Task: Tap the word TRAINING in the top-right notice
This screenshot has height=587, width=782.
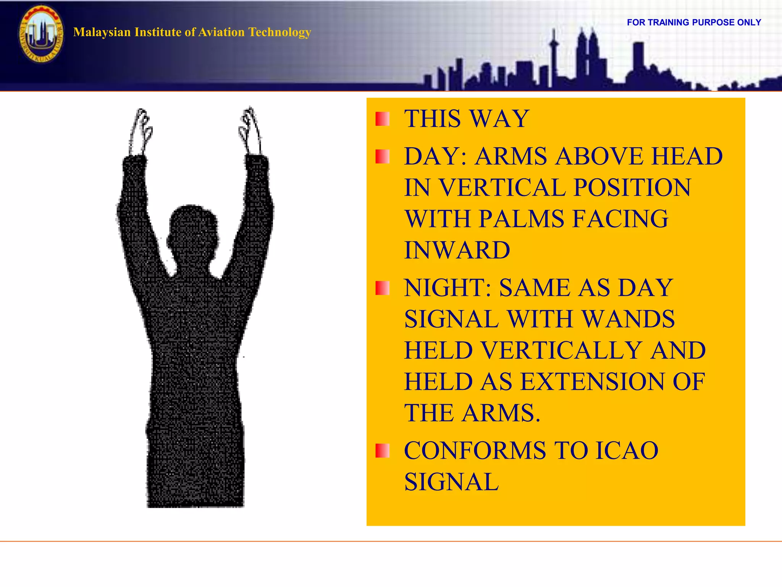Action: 668,23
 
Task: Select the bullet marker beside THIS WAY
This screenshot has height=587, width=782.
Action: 382,119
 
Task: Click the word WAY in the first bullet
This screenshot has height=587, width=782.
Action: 500,118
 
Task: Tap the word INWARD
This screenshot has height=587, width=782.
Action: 457,250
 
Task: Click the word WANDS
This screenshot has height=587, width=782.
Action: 629,319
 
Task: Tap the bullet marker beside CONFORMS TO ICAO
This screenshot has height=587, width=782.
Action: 382,451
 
